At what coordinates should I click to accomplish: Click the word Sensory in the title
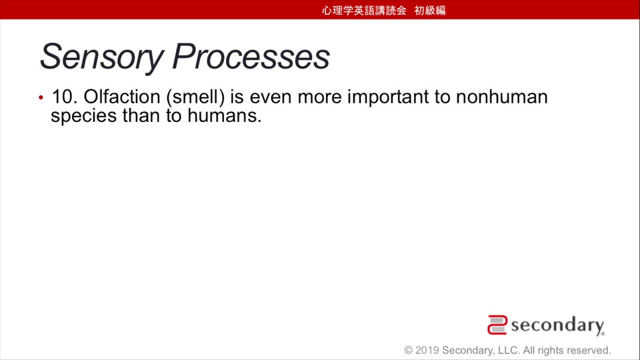[x=101, y=57]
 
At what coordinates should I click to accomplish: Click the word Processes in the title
[x=251, y=56]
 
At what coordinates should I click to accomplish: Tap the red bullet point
[x=41, y=97]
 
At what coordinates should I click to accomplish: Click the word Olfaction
[x=122, y=97]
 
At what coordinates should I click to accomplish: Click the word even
[x=270, y=98]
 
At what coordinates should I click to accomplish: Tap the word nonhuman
[x=501, y=97]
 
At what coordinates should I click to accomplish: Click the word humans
[x=224, y=115]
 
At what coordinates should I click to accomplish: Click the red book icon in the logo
[x=497, y=325]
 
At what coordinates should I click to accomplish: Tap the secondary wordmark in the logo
[x=557, y=326]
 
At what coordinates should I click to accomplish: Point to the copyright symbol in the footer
[x=408, y=350]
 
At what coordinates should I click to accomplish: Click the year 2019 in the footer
[x=427, y=350]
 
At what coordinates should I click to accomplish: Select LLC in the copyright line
[x=509, y=350]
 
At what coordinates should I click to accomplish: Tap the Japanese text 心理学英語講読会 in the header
[x=364, y=10]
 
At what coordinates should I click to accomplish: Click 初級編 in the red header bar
[x=430, y=10]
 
